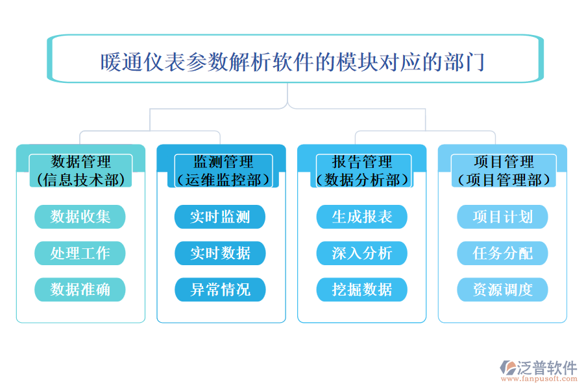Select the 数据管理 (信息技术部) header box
[80, 171]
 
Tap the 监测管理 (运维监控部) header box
[222, 171]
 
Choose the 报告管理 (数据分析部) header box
[362, 171]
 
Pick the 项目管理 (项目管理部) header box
[503, 171]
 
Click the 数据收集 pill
[80, 217]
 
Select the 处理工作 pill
[80, 253]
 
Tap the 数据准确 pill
[80, 289]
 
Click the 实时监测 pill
[220, 217]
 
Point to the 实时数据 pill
[220, 253]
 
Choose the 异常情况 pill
[220, 289]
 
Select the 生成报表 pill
[361, 217]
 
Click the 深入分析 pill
[361, 253]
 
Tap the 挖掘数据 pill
[361, 289]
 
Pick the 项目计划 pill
[502, 217]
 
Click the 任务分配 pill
[502, 253]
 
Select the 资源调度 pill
[502, 289]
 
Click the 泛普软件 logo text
[546, 368]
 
